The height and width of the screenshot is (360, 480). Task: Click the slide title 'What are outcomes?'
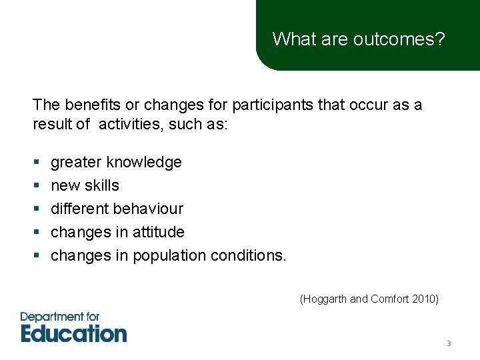coord(358,39)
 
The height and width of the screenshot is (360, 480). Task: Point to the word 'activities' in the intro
coord(127,125)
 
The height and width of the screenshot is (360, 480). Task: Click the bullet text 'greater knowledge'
coord(116,163)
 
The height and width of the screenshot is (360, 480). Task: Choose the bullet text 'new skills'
coord(85,185)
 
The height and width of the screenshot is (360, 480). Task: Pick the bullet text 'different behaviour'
coord(117,209)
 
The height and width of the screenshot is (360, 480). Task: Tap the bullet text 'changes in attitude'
coord(117,232)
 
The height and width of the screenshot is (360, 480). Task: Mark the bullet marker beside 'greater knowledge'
coord(35,163)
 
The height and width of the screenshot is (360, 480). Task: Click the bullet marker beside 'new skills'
coord(35,186)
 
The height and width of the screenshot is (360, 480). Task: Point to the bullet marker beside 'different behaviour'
coord(35,209)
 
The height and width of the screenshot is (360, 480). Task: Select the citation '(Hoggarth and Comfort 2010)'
coord(369,299)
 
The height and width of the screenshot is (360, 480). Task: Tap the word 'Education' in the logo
coord(73,333)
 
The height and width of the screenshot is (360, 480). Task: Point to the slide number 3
coord(449,344)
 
